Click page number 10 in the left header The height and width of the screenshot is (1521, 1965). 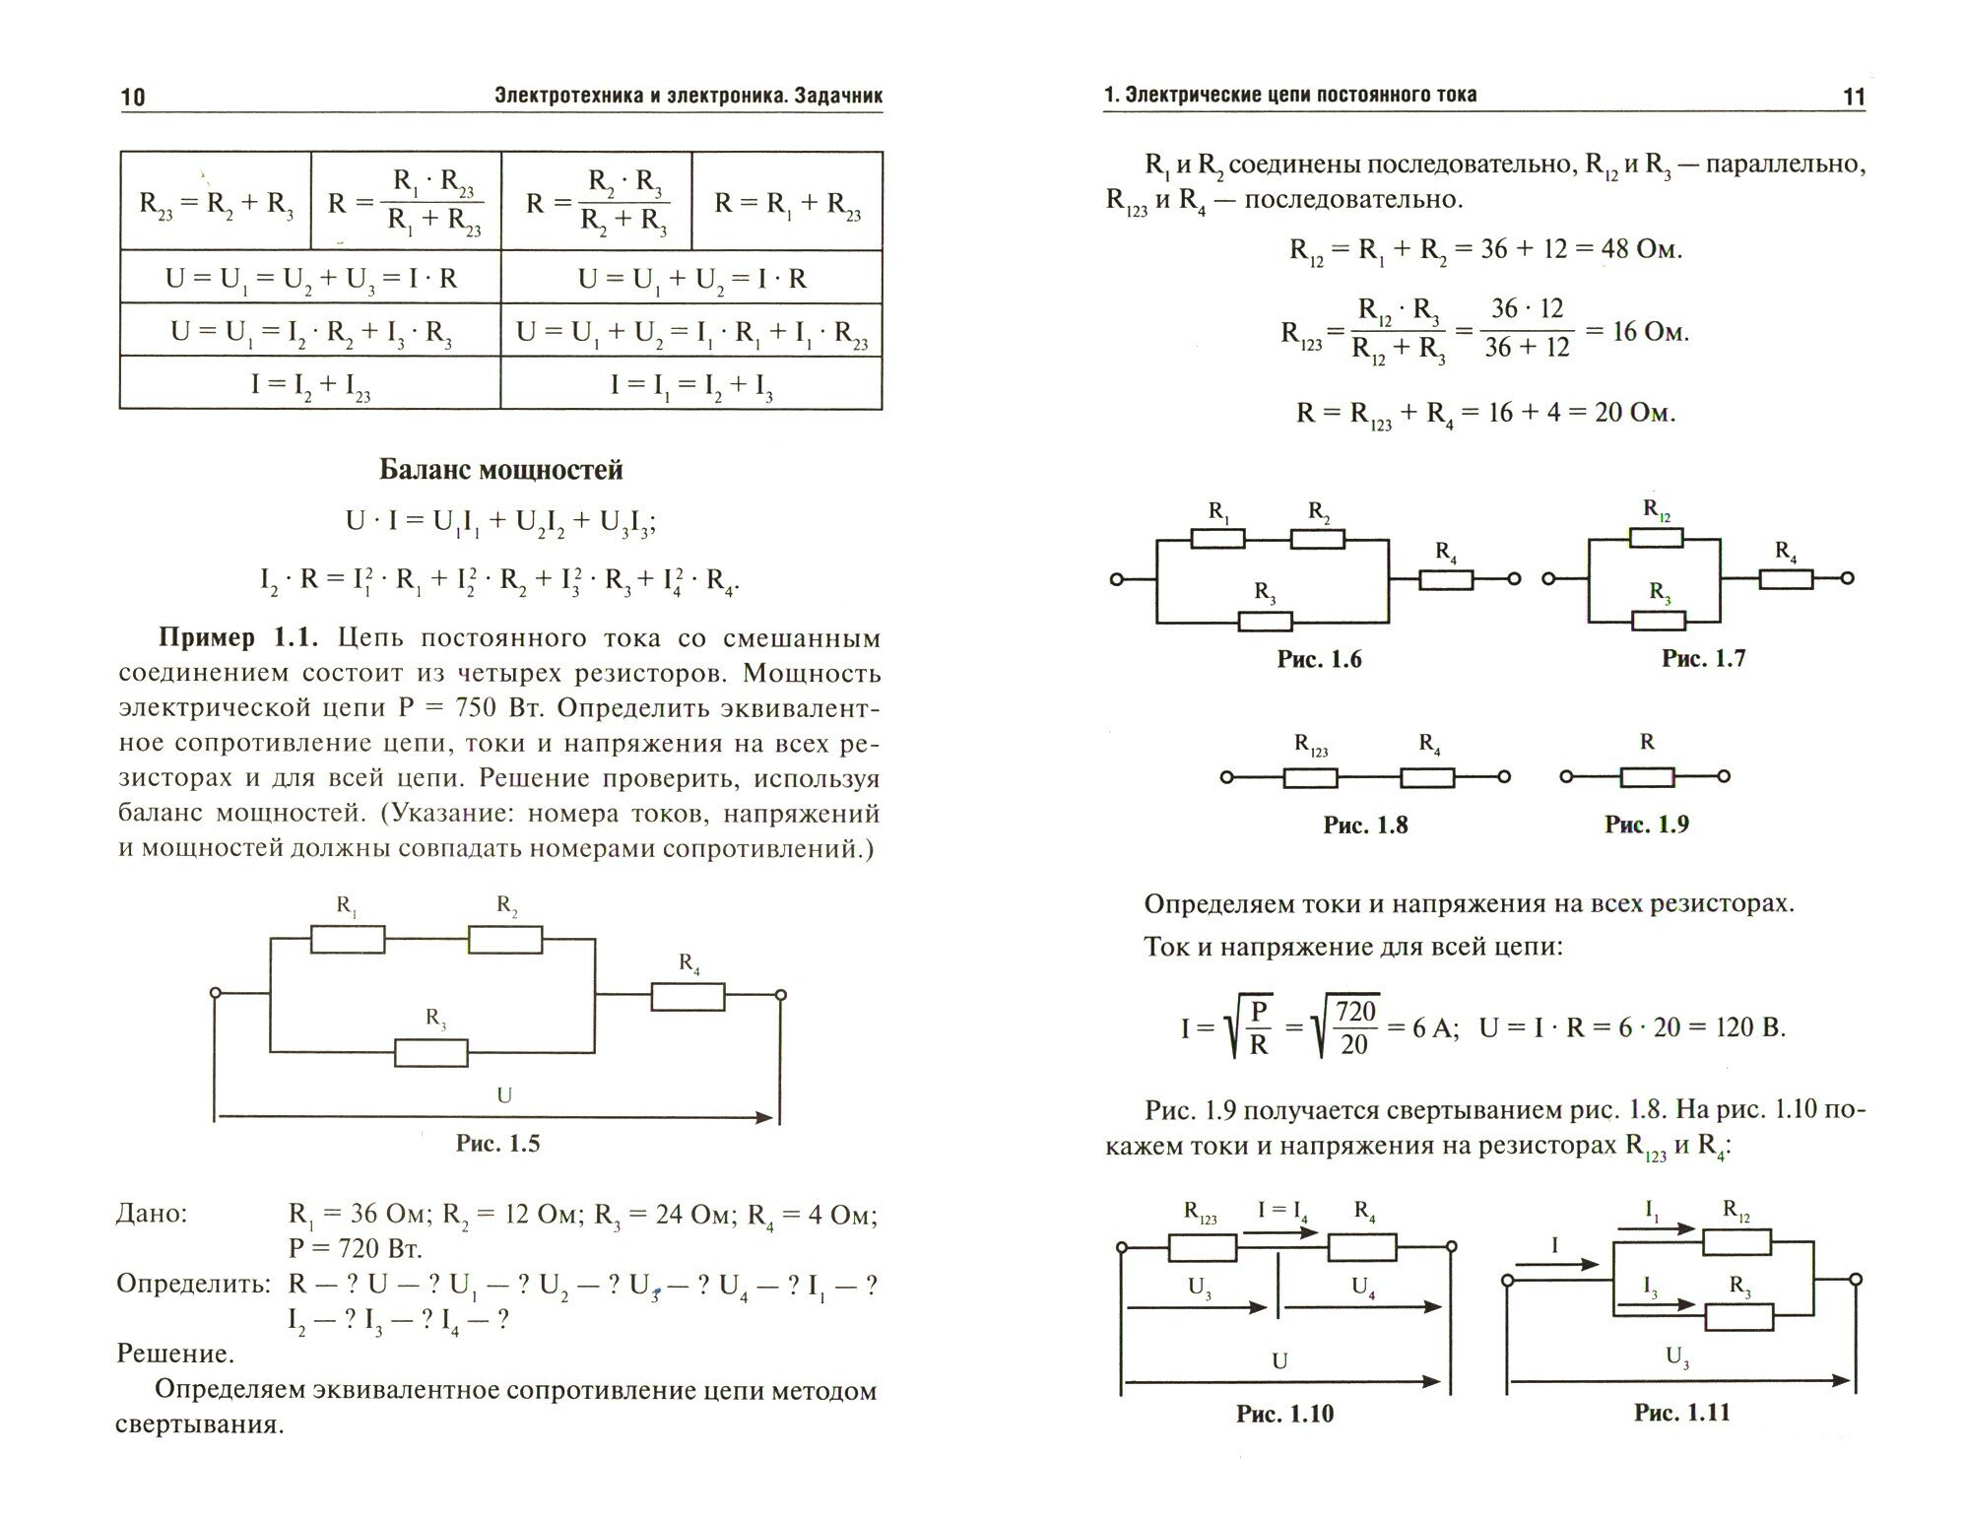132,97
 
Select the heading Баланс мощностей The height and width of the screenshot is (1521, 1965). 500,470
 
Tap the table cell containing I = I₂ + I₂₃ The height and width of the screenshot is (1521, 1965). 309,383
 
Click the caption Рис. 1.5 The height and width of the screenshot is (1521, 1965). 497,1143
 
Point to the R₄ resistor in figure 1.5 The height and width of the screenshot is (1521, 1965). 688,997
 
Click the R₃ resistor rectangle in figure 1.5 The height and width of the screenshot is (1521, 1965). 431,1053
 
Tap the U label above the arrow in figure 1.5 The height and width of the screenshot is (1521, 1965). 503,1095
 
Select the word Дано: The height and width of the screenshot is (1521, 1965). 152,1214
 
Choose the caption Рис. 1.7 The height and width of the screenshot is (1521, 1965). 1703,658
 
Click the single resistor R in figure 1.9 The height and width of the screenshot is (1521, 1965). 1647,777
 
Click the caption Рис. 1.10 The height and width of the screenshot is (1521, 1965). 1284,1414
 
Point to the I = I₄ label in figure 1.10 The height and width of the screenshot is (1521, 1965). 1281,1210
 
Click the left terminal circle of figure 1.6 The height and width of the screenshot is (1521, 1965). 1117,580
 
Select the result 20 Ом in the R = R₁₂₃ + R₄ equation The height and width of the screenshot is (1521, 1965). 1634,412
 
